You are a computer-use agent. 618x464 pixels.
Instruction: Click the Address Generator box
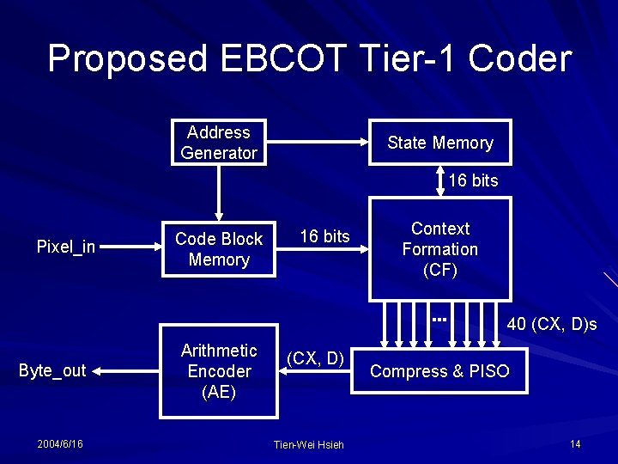[x=219, y=143]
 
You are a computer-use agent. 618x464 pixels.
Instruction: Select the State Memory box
[x=439, y=143]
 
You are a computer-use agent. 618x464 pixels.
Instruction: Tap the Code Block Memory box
[x=219, y=249]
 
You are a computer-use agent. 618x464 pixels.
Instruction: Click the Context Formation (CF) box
[x=439, y=249]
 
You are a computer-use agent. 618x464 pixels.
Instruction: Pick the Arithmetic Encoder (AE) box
[x=219, y=371]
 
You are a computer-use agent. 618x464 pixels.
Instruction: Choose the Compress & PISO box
[x=439, y=371]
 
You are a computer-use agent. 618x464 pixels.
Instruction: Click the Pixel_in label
[x=66, y=247]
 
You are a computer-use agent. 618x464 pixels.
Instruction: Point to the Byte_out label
[x=52, y=371]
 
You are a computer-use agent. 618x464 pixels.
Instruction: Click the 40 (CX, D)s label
[x=552, y=324]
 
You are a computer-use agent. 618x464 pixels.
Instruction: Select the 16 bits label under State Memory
[x=473, y=180]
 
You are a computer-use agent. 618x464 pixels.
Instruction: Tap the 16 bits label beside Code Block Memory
[x=324, y=236]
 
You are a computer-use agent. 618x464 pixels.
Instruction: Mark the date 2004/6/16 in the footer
[x=60, y=443]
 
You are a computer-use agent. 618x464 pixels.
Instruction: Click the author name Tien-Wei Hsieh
[x=308, y=444]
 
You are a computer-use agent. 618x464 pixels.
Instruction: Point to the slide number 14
[x=574, y=443]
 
